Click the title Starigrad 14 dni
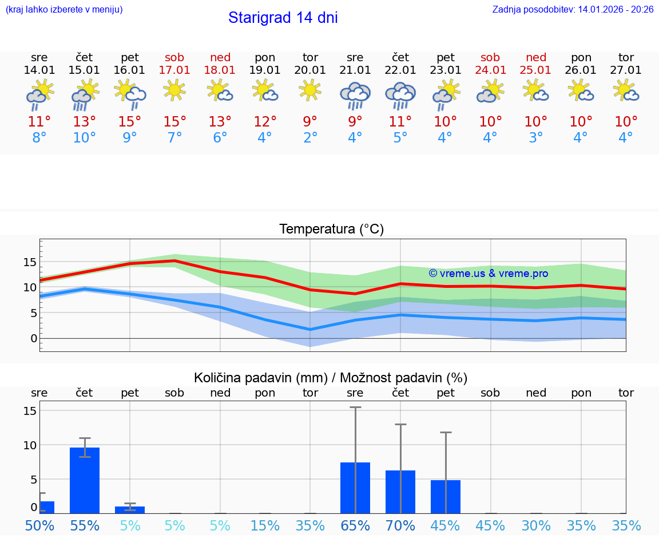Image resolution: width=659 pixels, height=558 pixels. pos(283,18)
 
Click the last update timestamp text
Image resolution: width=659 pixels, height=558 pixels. pos(573,10)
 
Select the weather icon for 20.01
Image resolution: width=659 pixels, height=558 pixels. pos(310,90)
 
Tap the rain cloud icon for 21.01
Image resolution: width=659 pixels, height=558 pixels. pos(355,95)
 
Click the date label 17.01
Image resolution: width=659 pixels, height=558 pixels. pos(174,70)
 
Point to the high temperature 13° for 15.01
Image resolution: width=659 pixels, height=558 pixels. pos(84,122)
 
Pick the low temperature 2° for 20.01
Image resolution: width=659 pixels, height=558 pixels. pos(310,138)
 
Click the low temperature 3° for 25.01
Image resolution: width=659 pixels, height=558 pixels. pos(536,138)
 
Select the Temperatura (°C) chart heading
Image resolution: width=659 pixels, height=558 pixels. pos(331,229)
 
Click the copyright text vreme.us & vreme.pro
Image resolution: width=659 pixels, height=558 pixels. pos(489,274)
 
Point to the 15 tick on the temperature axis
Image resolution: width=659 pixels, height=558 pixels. pos(30,262)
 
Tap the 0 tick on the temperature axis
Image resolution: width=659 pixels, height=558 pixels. pos(34,338)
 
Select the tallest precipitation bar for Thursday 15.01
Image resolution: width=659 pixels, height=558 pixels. pos(85,480)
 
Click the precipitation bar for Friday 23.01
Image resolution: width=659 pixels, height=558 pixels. pos(446,496)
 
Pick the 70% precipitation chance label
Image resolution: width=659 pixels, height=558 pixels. pos(400,525)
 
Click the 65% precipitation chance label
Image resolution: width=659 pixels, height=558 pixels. pos(355,525)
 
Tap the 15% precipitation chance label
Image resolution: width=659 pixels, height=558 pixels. pos(265,525)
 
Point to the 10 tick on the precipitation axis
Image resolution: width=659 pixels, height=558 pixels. pos(30,445)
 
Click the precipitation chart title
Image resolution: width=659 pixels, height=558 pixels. pos(331,378)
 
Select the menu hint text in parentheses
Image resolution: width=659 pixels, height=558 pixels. pos(64,10)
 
